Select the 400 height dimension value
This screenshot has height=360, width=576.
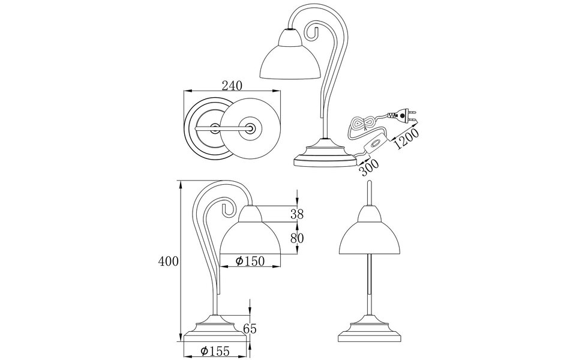point(169,262)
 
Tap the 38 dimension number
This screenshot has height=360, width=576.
point(296,214)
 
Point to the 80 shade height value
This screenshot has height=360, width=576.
point(296,238)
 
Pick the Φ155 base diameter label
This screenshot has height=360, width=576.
point(215,352)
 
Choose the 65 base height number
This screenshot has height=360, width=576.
point(250,328)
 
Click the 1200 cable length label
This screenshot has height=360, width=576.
point(406,139)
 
